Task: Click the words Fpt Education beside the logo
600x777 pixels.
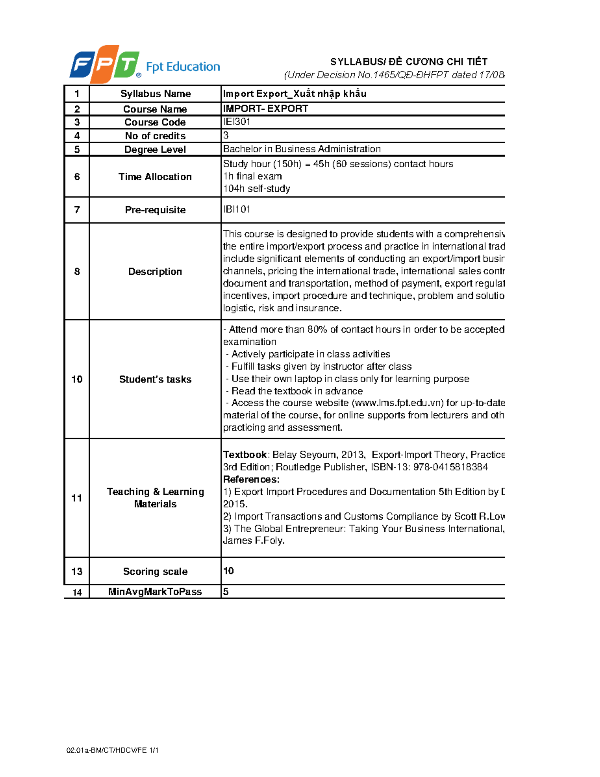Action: (x=183, y=67)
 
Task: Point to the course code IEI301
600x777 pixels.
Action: (x=237, y=122)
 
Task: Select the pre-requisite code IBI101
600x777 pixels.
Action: (x=237, y=209)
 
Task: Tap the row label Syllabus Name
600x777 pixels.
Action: (x=155, y=94)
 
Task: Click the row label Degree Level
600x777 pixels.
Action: (x=155, y=149)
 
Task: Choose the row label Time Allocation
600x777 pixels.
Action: (x=155, y=177)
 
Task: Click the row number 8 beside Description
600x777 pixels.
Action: (x=77, y=271)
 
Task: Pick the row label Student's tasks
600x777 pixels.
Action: (x=155, y=379)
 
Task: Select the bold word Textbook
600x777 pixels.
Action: (x=245, y=455)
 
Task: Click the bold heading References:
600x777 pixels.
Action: (x=251, y=479)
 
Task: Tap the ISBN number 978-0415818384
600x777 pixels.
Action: (x=450, y=467)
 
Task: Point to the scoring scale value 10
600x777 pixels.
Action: (x=228, y=571)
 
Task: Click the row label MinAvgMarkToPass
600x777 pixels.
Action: (x=155, y=592)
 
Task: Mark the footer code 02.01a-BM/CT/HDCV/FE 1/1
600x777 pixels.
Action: (x=112, y=750)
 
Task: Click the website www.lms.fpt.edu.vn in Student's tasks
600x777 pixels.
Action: (x=398, y=403)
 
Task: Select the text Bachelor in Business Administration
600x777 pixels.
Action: (x=302, y=149)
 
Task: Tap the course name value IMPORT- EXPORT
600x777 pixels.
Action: (x=266, y=109)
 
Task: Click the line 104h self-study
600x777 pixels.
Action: (x=256, y=189)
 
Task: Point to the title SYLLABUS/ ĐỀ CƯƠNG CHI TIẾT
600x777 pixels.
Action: (x=409, y=62)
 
